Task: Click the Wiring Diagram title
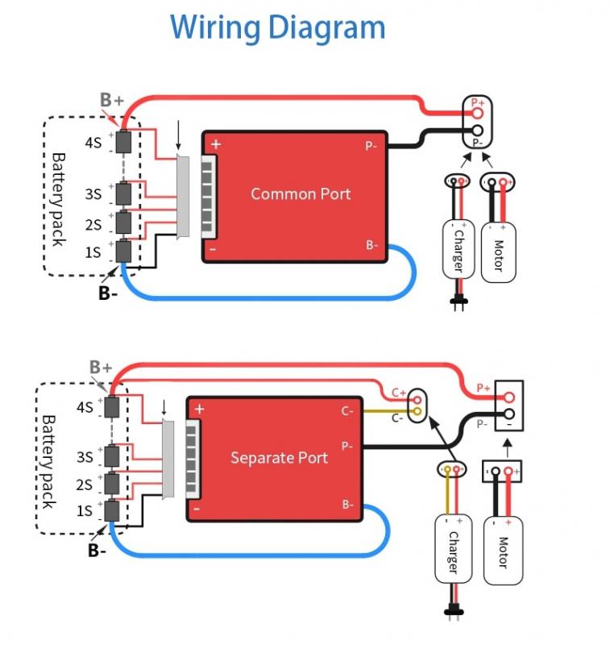tap(278, 27)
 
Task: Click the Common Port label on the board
tap(301, 193)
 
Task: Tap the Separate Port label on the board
tap(279, 458)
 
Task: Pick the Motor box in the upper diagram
tap(498, 251)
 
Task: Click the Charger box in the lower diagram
tap(453, 549)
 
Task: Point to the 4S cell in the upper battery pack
tap(124, 142)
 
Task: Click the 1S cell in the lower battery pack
tap(111, 510)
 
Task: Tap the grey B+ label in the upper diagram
tap(112, 100)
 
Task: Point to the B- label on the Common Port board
tap(371, 245)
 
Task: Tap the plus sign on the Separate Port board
tap(199, 410)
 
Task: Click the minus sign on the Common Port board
tap(213, 249)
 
